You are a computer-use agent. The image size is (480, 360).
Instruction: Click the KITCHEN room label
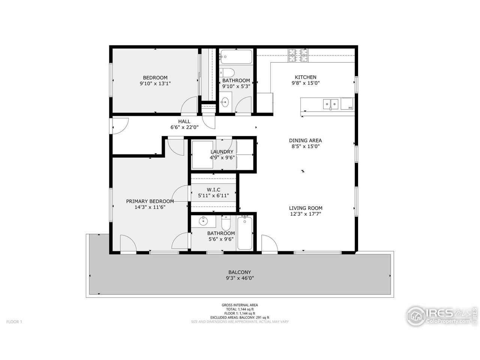pos(306,77)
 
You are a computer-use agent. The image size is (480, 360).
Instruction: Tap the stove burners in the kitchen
pos(298,56)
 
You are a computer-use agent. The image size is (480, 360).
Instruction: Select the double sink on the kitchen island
pos(331,103)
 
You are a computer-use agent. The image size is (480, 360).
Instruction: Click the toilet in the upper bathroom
pos(227,72)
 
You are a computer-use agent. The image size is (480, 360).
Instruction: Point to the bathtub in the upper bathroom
pos(236,57)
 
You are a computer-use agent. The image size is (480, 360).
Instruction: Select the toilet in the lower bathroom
pos(226,224)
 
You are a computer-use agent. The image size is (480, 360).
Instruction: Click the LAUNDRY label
pos(222,152)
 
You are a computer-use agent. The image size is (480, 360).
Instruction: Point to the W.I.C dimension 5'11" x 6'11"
pos(213,195)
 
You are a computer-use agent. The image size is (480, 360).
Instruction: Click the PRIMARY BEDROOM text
pos(150,201)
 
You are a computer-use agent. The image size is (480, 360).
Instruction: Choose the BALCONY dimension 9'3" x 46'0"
pos(240,278)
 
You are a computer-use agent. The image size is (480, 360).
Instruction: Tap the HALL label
pos(184,121)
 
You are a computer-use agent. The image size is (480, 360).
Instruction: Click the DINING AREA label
pos(305,141)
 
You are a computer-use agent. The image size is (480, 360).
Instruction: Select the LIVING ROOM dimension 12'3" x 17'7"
pos(305,214)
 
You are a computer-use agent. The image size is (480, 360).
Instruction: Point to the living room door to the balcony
pos(269,244)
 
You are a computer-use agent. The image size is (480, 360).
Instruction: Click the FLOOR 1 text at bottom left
pos(15,322)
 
